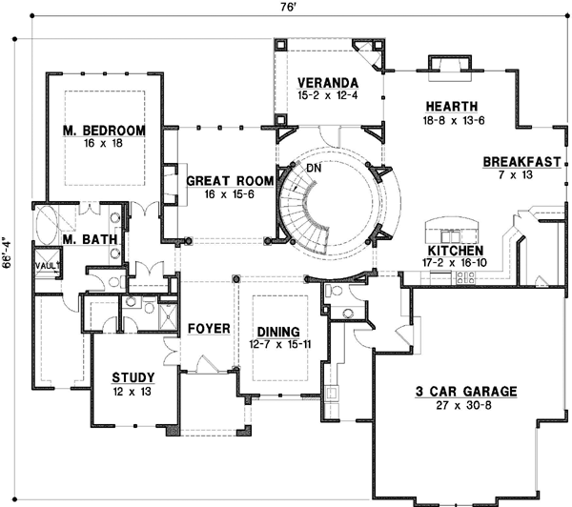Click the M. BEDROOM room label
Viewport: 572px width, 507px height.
pyautogui.click(x=105, y=130)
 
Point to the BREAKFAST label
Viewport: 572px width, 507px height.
pyautogui.click(x=521, y=161)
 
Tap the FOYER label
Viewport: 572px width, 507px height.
pyautogui.click(x=209, y=329)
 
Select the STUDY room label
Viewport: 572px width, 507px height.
pyautogui.click(x=133, y=376)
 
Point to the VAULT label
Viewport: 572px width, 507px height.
pyautogui.click(x=48, y=265)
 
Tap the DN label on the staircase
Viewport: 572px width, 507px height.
pyautogui.click(x=314, y=168)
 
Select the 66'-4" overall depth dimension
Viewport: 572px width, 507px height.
pyautogui.click(x=9, y=253)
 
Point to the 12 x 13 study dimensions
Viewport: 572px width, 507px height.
pyautogui.click(x=133, y=391)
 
